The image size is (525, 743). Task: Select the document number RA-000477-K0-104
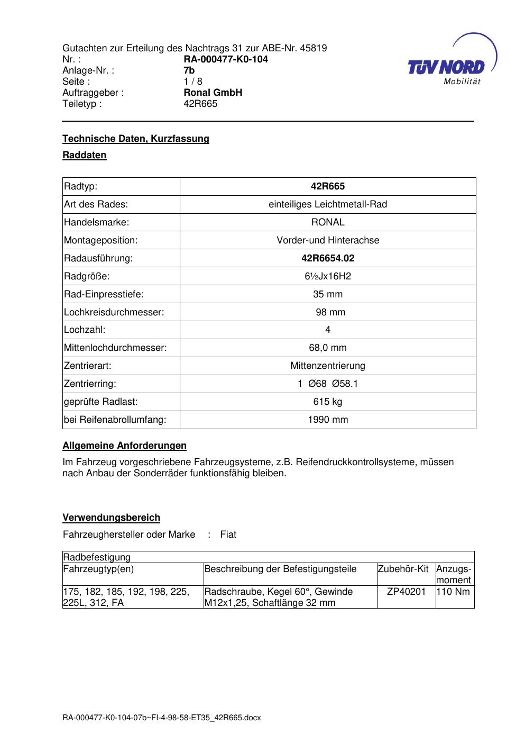click(225, 59)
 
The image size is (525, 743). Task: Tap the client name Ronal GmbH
click(213, 93)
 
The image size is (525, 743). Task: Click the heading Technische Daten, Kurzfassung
click(136, 139)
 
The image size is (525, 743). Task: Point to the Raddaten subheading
click(85, 155)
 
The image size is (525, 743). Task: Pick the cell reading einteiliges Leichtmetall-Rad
click(328, 204)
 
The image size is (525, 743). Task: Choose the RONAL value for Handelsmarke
click(328, 222)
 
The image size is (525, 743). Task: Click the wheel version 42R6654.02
click(328, 258)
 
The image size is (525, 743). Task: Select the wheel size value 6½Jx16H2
click(328, 276)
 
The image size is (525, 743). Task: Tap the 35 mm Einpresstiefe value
click(328, 294)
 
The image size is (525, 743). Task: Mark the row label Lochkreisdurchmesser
click(114, 312)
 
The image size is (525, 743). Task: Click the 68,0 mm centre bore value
click(328, 348)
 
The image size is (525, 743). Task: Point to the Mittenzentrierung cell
click(328, 366)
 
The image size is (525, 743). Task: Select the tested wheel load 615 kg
click(328, 402)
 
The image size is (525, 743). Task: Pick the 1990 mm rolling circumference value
click(328, 420)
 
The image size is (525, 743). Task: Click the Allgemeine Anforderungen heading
click(125, 446)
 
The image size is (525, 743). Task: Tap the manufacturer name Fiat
click(228, 534)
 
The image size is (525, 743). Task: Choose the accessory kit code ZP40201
click(406, 592)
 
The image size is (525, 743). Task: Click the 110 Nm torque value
click(454, 592)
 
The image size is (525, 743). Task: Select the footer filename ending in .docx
click(162, 718)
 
